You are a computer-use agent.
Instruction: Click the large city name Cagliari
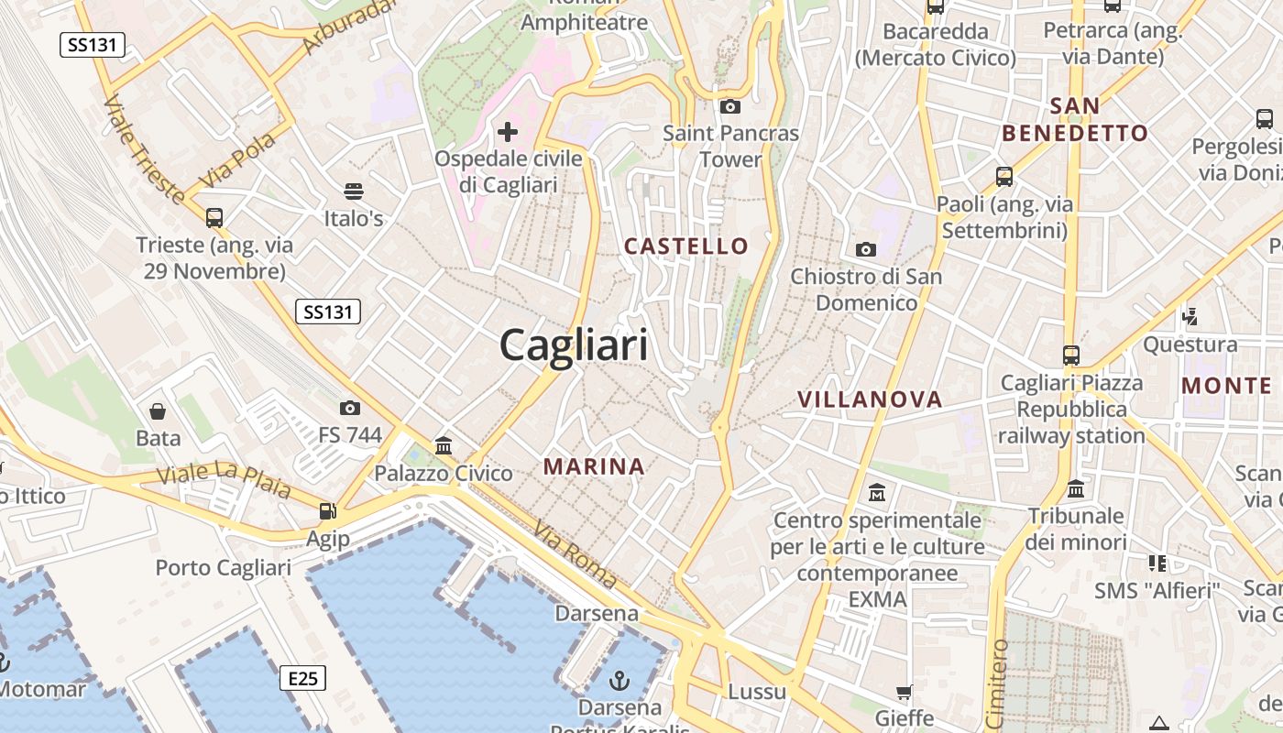(574, 346)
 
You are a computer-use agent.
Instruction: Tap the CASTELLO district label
(686, 246)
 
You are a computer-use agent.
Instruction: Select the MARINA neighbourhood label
(594, 466)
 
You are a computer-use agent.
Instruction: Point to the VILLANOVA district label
(870, 399)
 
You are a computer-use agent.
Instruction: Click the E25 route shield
(302, 678)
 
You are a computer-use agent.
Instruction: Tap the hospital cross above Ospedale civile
(508, 132)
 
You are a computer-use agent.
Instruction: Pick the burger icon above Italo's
(354, 191)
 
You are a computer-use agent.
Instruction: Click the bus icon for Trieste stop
(214, 218)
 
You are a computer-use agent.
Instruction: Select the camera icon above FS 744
(349, 408)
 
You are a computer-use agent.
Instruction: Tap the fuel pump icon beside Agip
(327, 511)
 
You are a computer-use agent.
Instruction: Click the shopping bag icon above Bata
(158, 410)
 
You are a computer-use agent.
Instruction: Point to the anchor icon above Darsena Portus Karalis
(620, 680)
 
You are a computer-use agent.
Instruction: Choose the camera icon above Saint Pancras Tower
(730, 106)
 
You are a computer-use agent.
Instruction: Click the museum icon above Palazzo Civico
(444, 446)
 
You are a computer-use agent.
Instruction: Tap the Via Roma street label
(576, 553)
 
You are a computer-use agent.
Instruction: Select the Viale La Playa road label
(224, 480)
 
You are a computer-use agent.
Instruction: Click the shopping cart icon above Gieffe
(904, 692)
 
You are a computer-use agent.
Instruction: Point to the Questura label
(1190, 345)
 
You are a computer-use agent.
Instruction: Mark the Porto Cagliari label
(223, 567)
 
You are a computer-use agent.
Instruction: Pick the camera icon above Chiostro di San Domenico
(866, 249)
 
